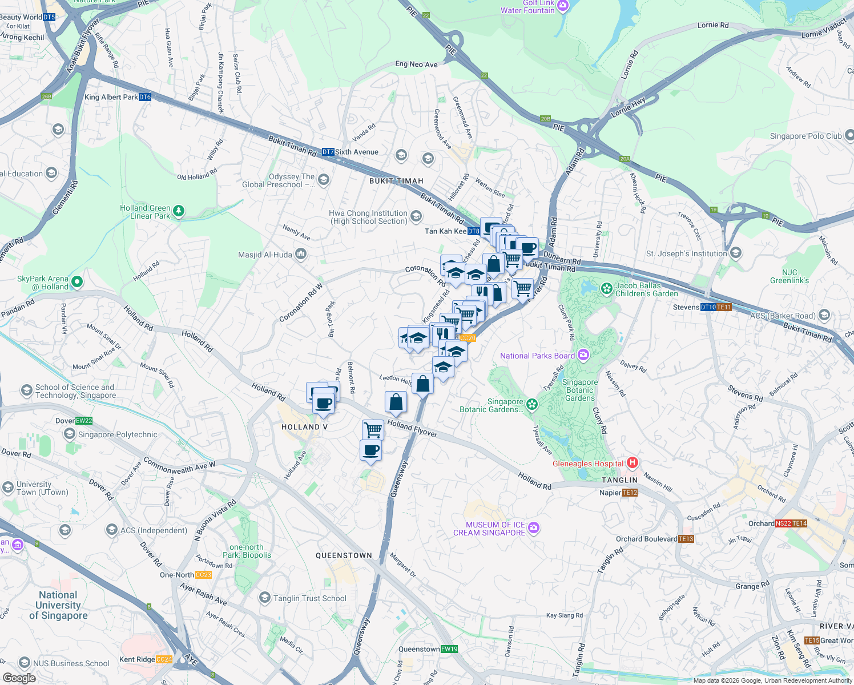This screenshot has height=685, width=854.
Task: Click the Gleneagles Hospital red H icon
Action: coord(632,463)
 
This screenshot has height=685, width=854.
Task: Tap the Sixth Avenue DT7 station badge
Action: coord(328,152)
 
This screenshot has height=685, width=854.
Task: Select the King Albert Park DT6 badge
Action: coord(145,97)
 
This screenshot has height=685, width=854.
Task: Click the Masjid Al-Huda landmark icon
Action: coord(301,255)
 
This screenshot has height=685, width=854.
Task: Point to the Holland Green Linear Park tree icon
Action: coord(179,211)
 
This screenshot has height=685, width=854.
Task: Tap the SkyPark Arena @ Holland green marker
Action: coord(77,282)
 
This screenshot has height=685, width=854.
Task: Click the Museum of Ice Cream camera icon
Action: coord(534,528)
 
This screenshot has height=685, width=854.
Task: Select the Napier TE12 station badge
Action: coord(630,493)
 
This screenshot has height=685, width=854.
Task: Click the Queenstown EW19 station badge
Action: coord(449,649)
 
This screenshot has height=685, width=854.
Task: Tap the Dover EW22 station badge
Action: coord(84,421)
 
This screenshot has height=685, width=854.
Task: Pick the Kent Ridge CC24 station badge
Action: coord(164,659)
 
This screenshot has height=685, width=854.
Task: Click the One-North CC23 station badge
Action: coord(203,575)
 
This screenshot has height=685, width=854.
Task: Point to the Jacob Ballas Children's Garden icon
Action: coord(607,289)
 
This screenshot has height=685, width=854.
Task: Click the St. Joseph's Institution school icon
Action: coord(736,253)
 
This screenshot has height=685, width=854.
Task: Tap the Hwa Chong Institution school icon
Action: coord(416,216)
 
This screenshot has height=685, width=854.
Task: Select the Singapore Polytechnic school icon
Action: coord(70,434)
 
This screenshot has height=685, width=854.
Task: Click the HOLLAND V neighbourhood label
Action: coord(304,427)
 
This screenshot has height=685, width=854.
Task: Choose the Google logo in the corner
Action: coord(19,678)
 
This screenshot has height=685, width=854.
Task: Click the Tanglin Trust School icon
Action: coord(264,598)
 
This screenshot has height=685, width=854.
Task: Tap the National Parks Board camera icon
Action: coord(583,355)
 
